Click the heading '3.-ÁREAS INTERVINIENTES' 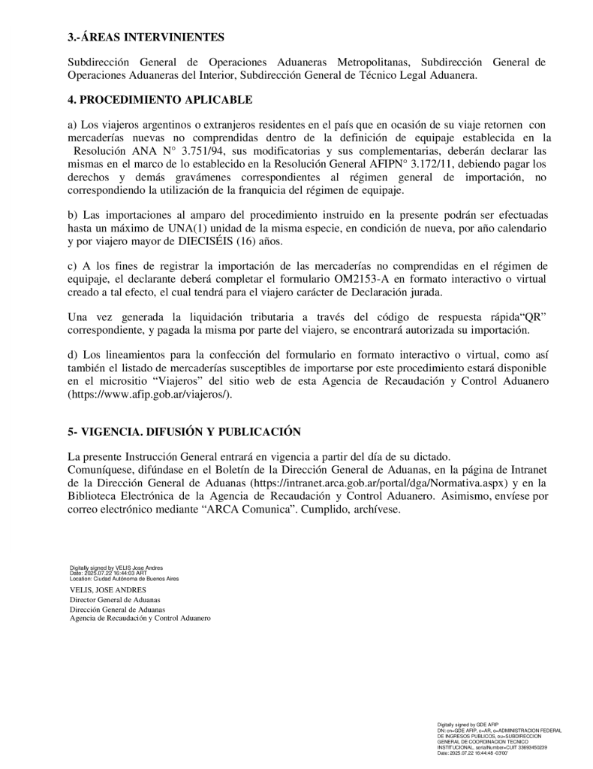pyautogui.click(x=146, y=37)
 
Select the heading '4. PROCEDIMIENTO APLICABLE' pyautogui.click(x=160, y=99)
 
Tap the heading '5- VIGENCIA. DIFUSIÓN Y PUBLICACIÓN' pyautogui.click(x=184, y=431)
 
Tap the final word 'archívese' pyautogui.click(x=377, y=508)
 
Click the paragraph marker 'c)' pyautogui.click(x=72, y=266)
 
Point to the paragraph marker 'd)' pyautogui.click(x=72, y=356)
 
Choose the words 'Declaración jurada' pyautogui.click(x=397, y=292)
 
